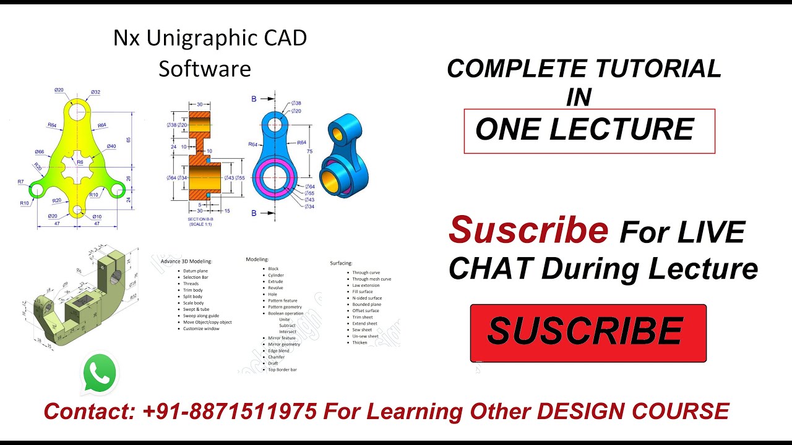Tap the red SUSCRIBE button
point(588,333)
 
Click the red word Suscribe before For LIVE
point(528,231)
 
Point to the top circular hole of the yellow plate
point(77,111)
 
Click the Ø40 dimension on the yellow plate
point(111,146)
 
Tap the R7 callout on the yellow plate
point(20,182)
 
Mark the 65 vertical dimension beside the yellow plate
point(129,140)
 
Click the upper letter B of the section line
point(254,99)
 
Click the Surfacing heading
point(341,263)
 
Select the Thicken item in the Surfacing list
point(359,342)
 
